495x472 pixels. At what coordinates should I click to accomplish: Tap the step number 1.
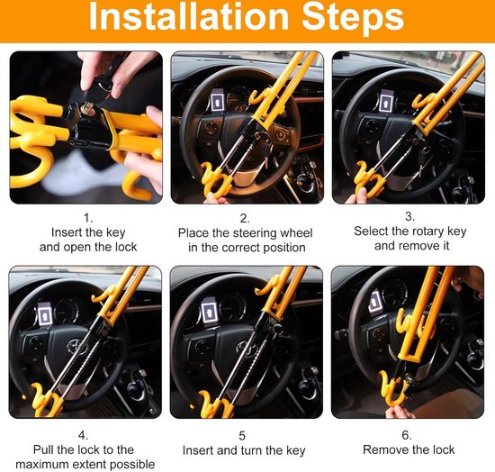[x=86, y=217]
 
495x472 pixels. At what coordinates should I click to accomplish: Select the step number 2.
[x=244, y=217]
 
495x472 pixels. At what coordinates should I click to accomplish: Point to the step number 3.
[x=409, y=216]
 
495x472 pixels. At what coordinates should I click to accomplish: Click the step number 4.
[x=86, y=434]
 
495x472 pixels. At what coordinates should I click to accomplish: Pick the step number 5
[x=244, y=434]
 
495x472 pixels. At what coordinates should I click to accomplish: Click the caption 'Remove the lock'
[x=409, y=449]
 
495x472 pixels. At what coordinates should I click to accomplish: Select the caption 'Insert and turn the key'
[x=244, y=450]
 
